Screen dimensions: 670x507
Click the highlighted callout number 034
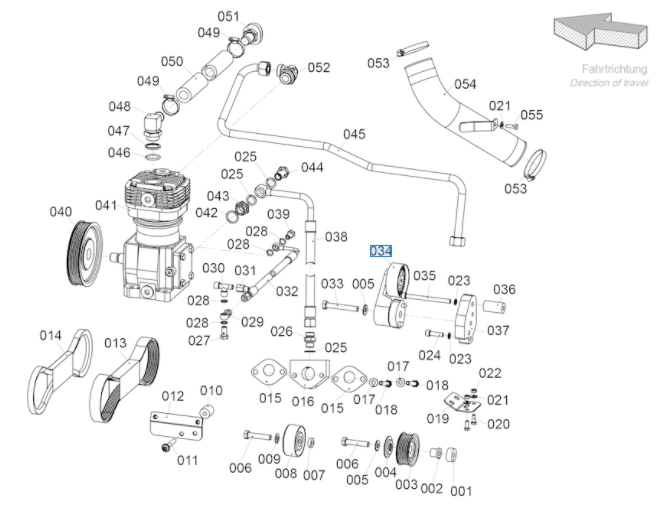(381, 251)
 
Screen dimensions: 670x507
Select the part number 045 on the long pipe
(354, 134)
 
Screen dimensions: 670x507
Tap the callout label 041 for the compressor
(106, 205)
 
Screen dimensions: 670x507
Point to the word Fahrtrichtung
(614, 69)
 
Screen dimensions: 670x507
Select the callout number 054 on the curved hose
(465, 84)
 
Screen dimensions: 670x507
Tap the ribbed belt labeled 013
(125, 379)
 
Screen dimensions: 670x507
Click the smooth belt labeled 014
(62, 371)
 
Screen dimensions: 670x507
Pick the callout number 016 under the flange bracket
(303, 401)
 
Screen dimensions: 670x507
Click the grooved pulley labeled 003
(408, 449)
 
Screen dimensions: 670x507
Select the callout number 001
(461, 491)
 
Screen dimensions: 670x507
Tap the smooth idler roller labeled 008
(294, 441)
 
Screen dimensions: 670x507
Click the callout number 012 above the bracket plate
(173, 396)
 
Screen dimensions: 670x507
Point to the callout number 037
(498, 330)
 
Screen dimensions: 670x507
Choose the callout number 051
(229, 17)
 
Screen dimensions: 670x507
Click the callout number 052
(319, 67)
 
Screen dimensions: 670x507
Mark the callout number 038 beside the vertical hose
(336, 237)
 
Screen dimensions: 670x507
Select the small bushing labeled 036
(495, 307)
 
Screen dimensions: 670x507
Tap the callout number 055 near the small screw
(532, 115)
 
